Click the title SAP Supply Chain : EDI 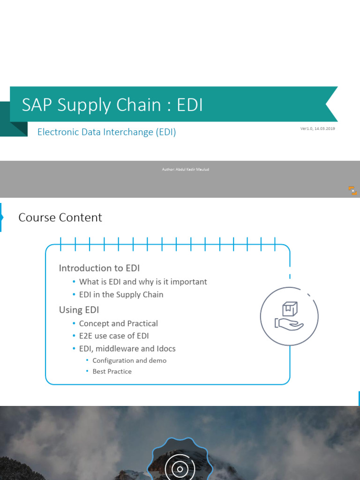tap(112, 105)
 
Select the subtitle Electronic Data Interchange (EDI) tap(106, 132)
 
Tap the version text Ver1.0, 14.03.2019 tap(317, 128)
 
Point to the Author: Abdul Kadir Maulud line tap(185, 169)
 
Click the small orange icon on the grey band tap(352, 190)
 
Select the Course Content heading tap(60, 217)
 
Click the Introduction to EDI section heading tap(99, 268)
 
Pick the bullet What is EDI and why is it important tap(142, 282)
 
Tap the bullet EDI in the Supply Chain tap(121, 294)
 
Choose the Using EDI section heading tap(79, 310)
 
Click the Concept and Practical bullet tap(118, 323)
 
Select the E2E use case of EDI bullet tap(114, 336)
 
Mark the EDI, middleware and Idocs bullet tap(127, 349)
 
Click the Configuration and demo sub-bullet tap(129, 360)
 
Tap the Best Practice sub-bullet tap(112, 371)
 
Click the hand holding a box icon tap(289, 316)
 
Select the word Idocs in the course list tap(166, 349)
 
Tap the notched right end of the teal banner tap(332, 104)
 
